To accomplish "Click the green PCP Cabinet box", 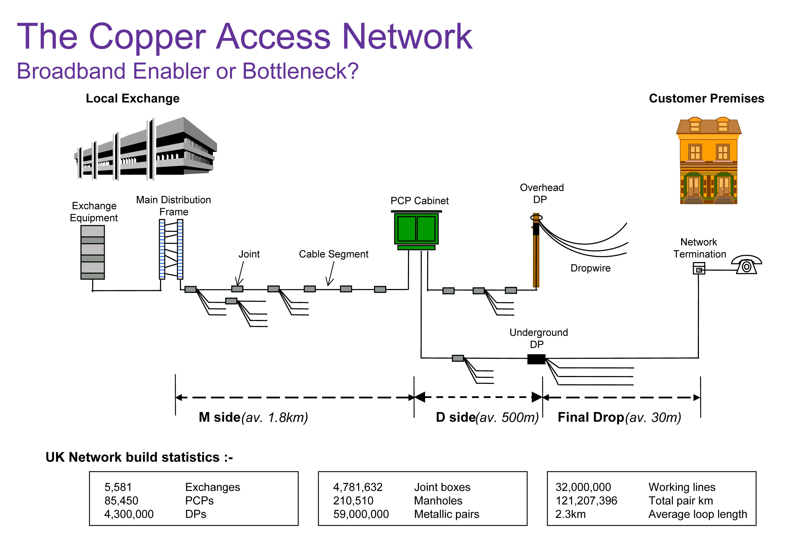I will point(416,229).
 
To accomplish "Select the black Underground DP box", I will point(536,359).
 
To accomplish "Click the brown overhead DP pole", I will point(536,254).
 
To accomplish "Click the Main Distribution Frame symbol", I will point(171,249).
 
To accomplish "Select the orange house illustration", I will point(709,161).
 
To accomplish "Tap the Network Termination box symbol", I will point(699,269).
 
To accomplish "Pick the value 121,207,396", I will point(586,501).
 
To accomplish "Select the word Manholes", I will point(438,501).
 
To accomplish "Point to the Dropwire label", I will point(590,268).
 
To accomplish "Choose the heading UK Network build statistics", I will point(139,457).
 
